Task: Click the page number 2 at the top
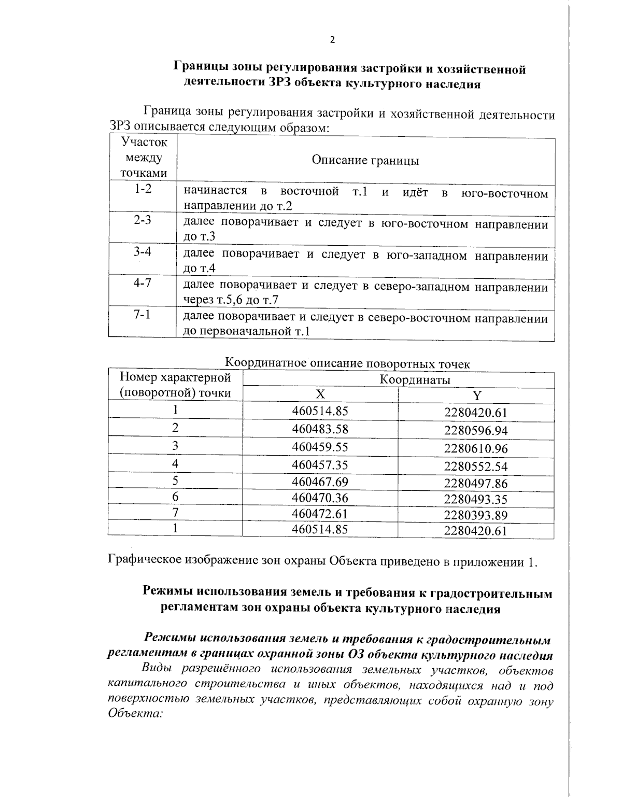332,40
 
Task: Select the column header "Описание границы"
365,160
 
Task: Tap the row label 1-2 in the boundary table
143,189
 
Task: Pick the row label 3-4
143,252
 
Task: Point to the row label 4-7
143,283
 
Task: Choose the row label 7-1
143,315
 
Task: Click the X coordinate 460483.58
320,429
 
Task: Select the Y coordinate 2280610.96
476,448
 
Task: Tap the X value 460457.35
320,464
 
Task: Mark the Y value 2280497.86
476,484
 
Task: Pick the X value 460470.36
320,498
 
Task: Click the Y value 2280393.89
476,515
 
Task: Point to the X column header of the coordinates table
320,394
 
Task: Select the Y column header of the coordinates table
476,396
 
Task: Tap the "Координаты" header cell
415,380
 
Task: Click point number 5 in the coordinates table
175,481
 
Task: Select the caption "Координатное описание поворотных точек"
348,364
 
